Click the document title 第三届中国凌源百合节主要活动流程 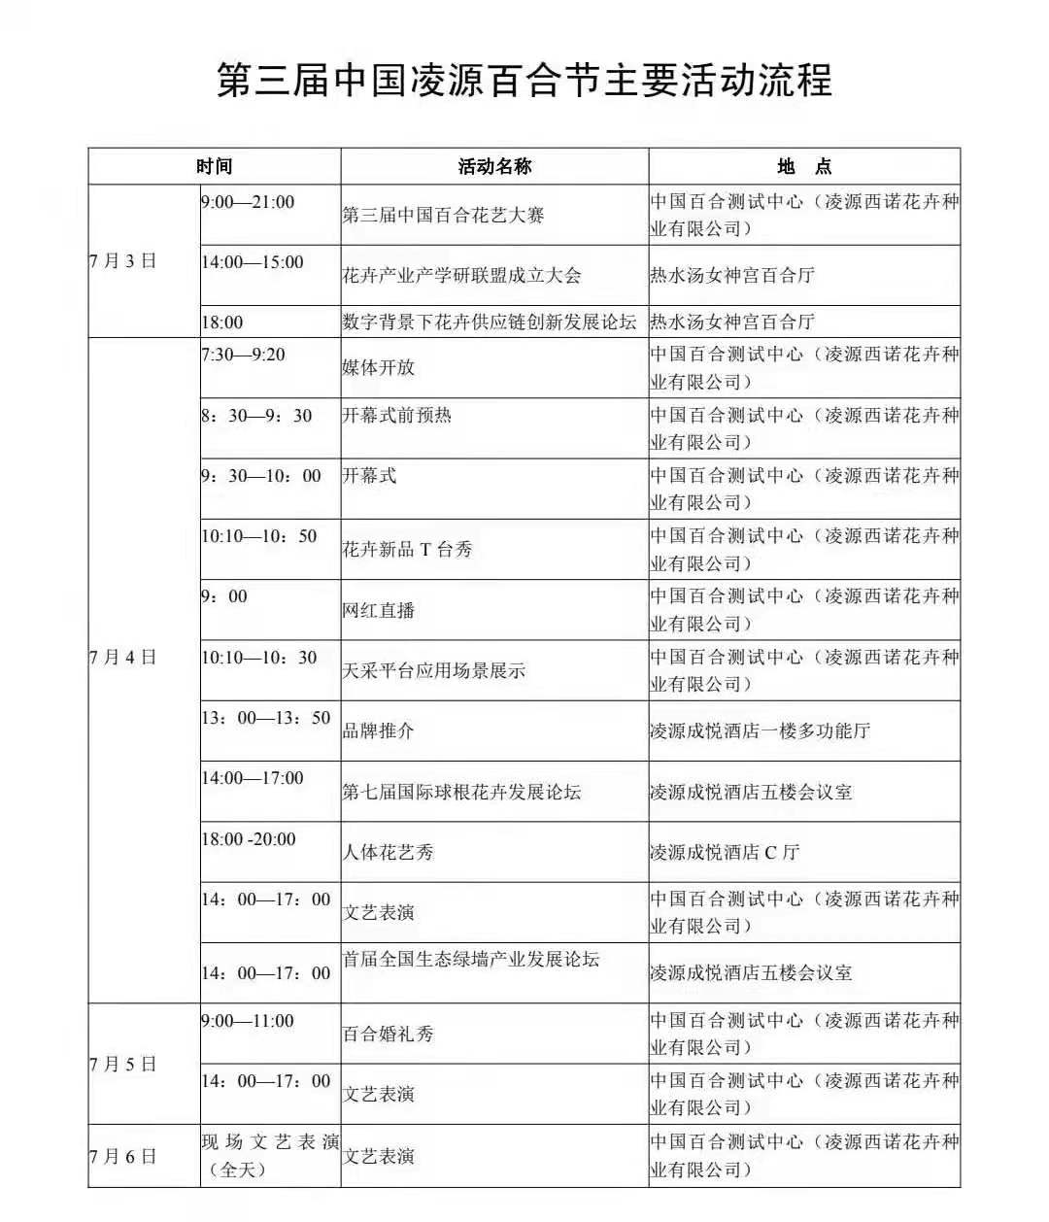(x=524, y=80)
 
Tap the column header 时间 (x=214, y=166)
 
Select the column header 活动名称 (x=494, y=166)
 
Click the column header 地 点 (x=804, y=166)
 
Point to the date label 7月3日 (x=122, y=260)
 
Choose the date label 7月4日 (x=122, y=658)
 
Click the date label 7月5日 (x=122, y=1065)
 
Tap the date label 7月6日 (x=122, y=1156)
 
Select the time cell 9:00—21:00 (x=248, y=202)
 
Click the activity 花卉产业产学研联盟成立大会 (x=461, y=275)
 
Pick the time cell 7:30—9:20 (x=244, y=355)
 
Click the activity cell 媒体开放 (x=379, y=367)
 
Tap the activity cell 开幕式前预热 (x=396, y=416)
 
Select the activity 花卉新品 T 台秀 (x=407, y=550)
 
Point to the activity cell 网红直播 (x=379, y=610)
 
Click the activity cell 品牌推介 (x=379, y=730)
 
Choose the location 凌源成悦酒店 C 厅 (x=725, y=853)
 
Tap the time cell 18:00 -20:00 (x=249, y=839)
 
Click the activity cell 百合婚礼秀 (x=388, y=1034)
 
